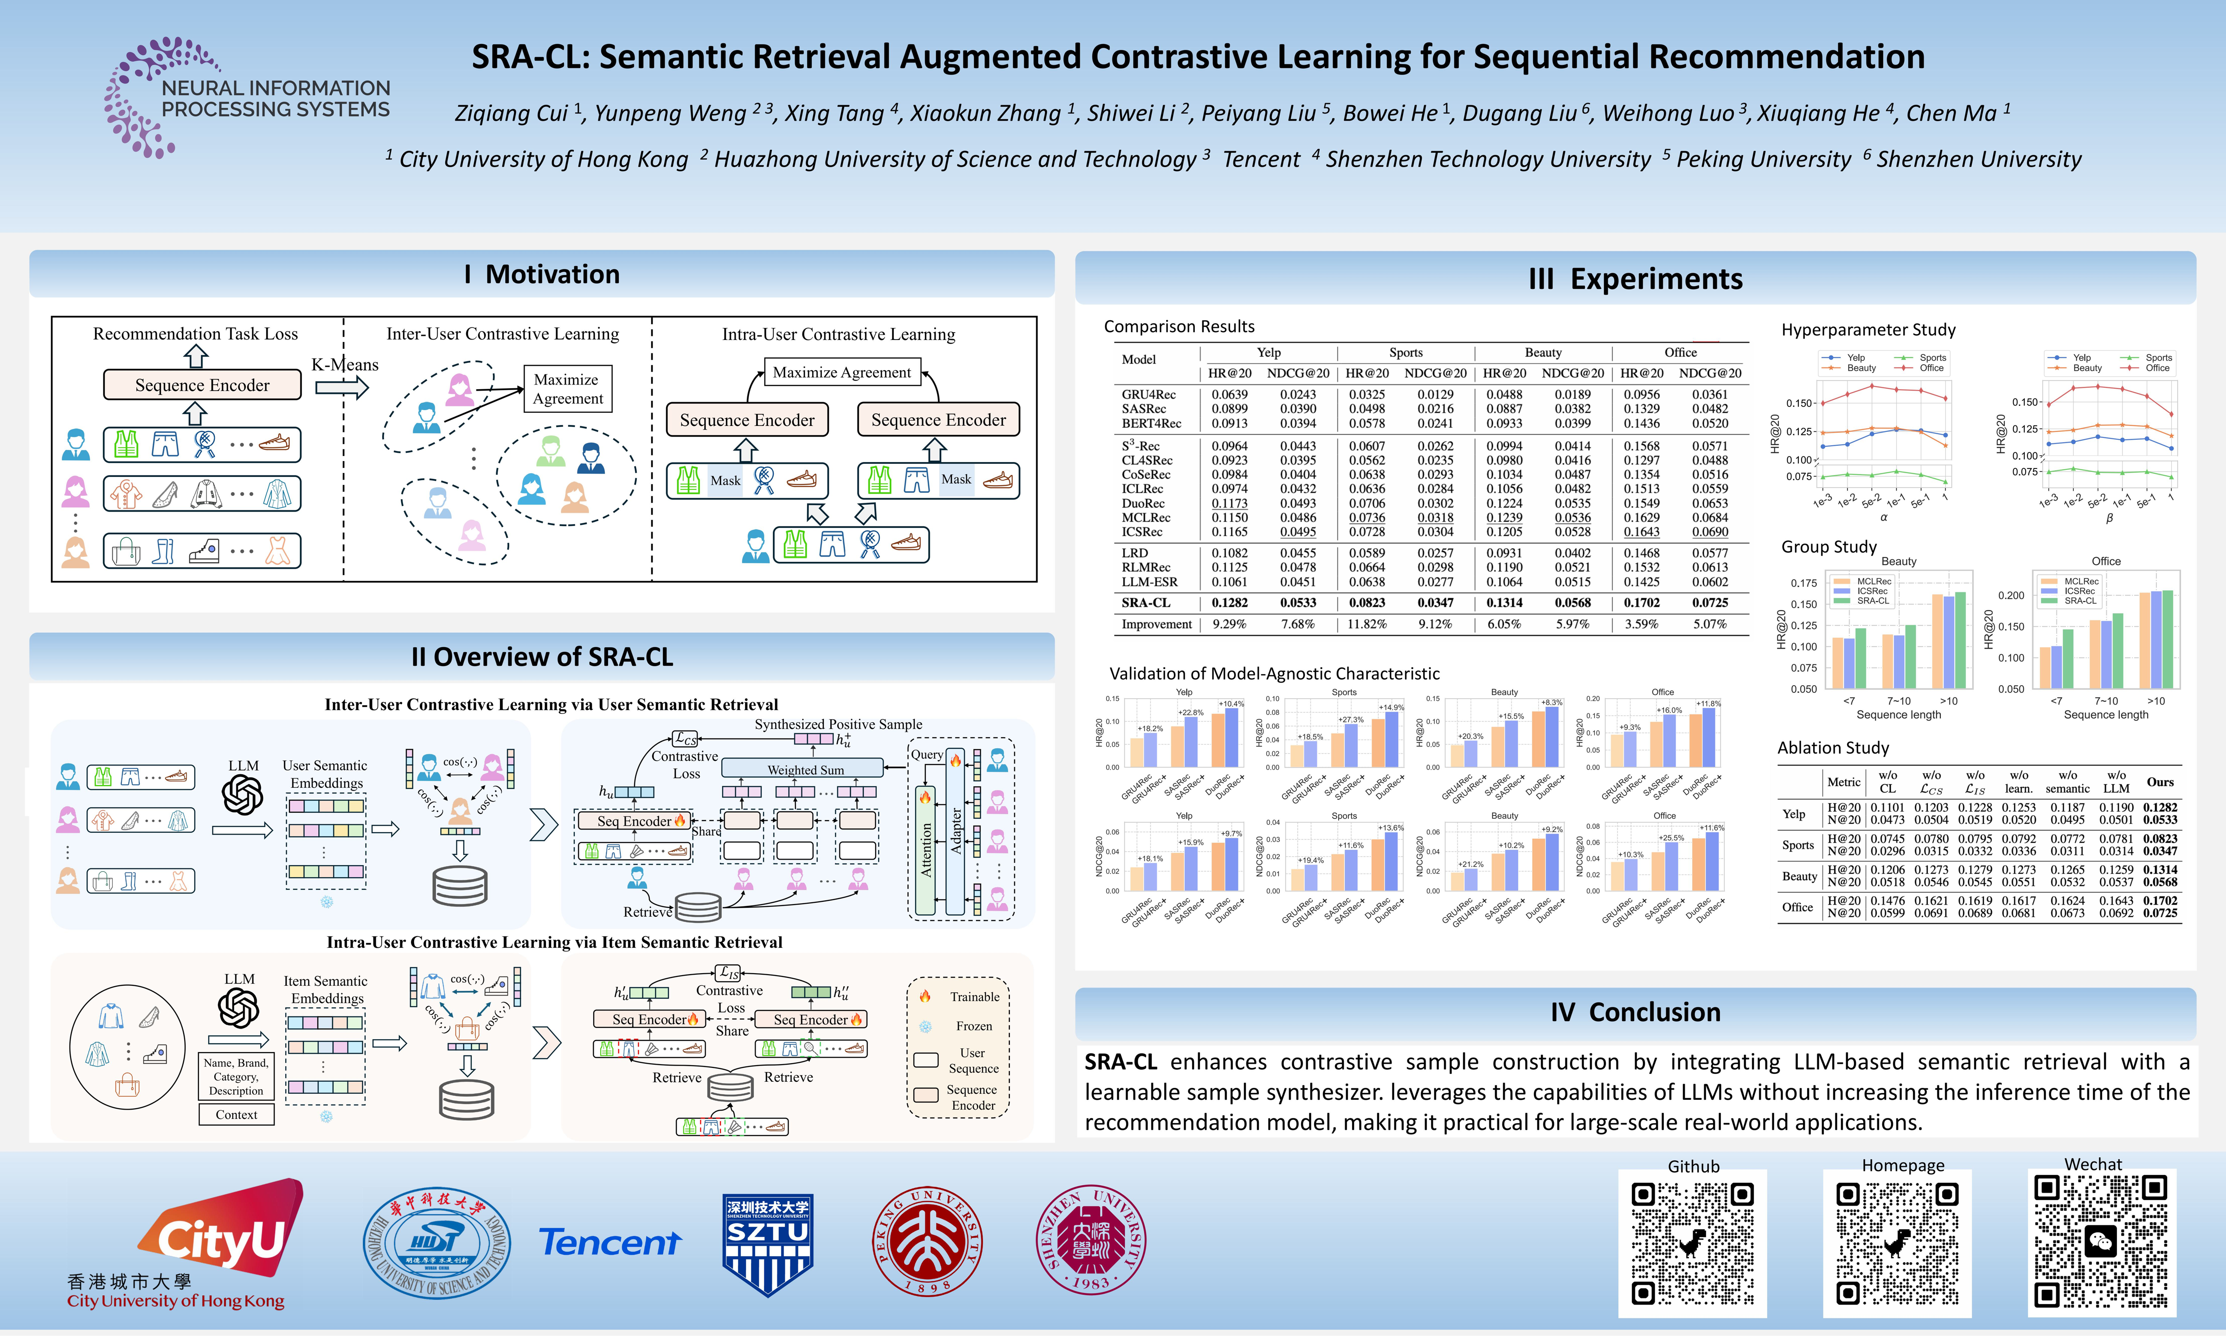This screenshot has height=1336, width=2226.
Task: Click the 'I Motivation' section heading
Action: pos(542,275)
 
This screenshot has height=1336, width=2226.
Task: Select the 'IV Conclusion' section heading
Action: pos(1635,1012)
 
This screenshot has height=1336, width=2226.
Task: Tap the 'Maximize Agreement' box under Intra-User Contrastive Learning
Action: pos(841,372)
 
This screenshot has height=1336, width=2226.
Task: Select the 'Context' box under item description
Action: pos(236,1115)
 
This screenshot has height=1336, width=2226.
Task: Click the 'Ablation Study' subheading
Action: pos(1833,747)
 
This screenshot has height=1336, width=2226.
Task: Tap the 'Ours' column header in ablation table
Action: pos(2159,782)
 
